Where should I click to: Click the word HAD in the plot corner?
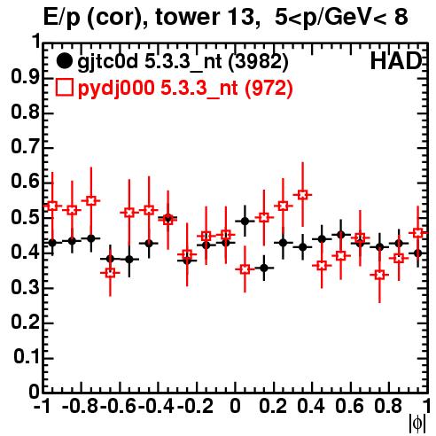396,61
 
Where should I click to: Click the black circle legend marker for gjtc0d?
64,61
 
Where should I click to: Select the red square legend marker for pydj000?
64,88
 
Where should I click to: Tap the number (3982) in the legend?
258,62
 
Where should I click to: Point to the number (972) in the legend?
269,88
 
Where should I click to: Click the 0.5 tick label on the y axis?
25,217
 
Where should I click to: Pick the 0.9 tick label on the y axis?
25,77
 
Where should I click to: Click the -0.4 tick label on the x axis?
158,406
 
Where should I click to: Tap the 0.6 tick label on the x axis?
349,406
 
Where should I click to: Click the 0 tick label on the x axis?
235,406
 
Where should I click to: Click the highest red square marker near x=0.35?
302,195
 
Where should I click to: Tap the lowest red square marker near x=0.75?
379,275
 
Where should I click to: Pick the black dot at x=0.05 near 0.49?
245,221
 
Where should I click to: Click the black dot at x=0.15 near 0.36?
264,268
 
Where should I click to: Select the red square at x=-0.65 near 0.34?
110,273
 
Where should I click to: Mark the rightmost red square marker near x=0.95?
417,233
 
